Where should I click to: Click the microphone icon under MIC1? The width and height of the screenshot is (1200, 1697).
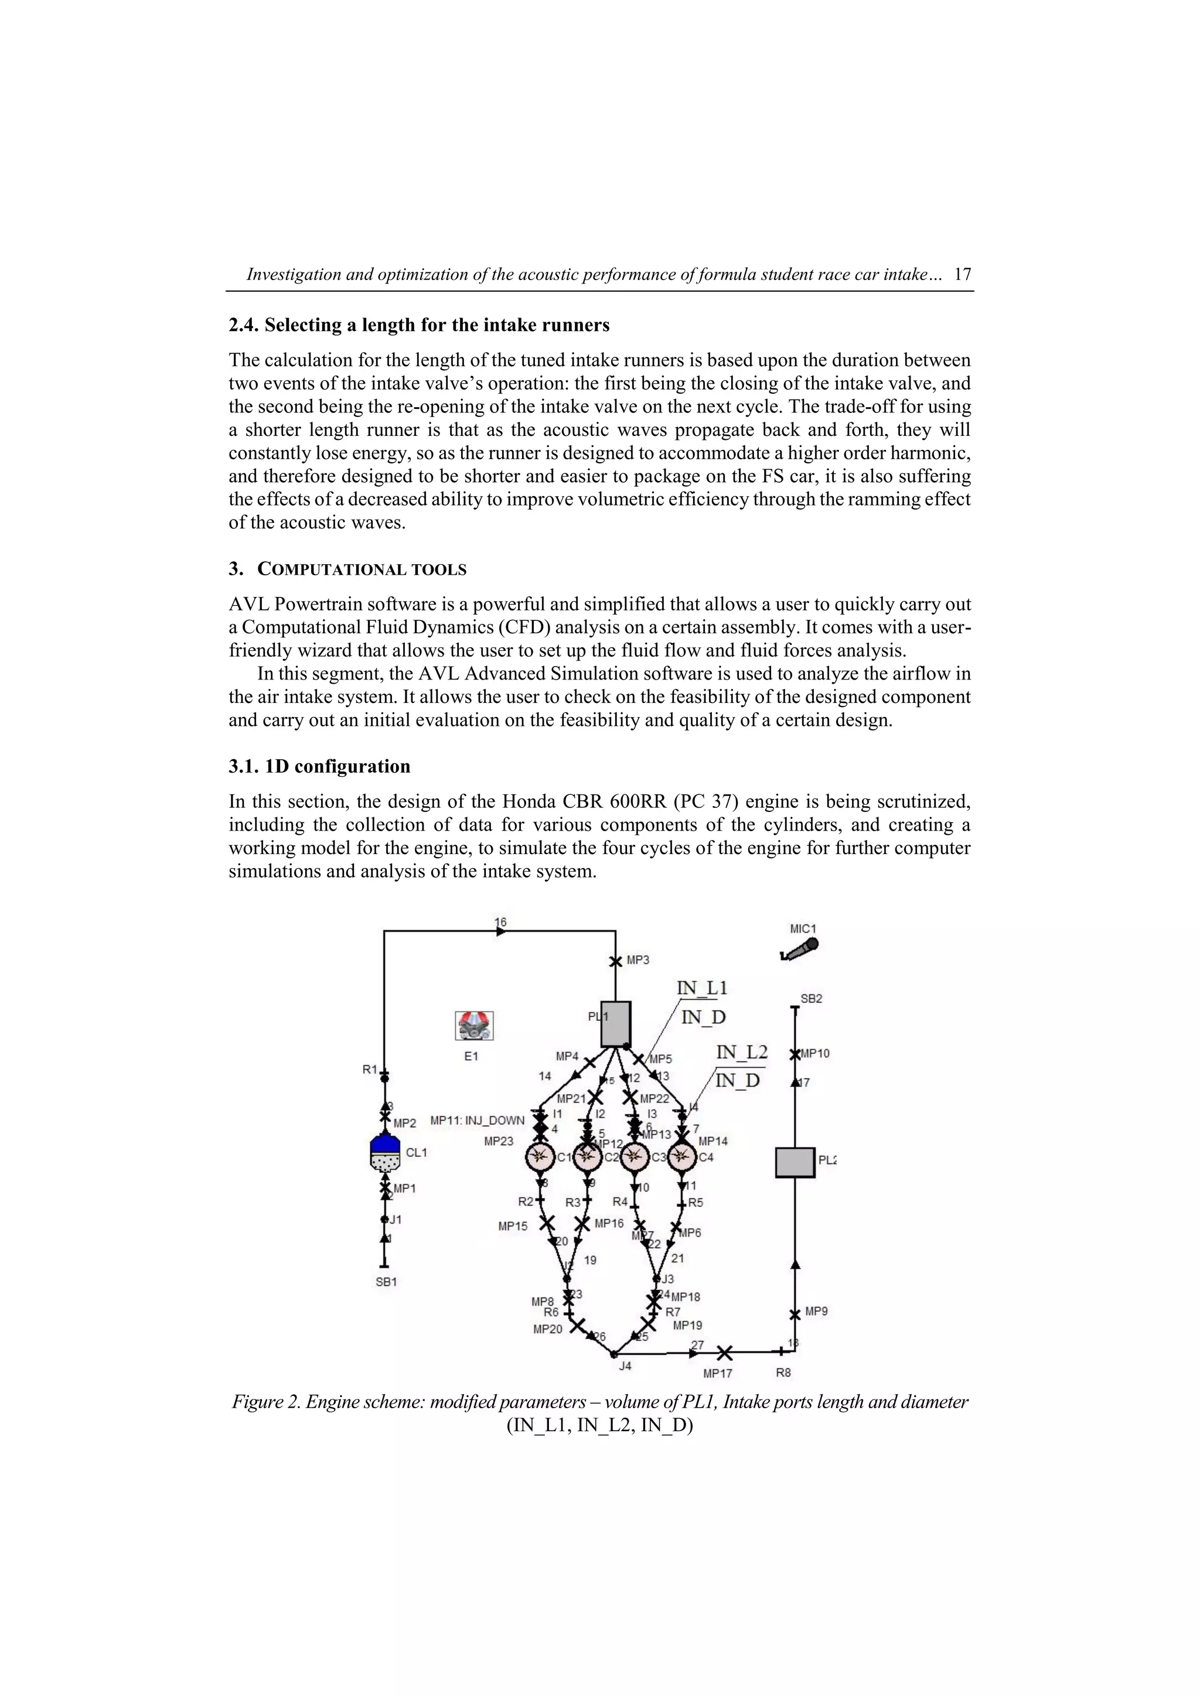799,950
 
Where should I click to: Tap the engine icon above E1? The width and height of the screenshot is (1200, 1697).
474,1026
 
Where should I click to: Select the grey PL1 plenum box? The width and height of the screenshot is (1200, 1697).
615,1024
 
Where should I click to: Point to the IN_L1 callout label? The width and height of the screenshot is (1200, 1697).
702,988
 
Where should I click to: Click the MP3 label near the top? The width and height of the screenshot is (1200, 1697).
638,960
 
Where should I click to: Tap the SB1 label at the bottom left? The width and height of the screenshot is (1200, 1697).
386,1282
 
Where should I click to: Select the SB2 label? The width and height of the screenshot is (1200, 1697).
811,999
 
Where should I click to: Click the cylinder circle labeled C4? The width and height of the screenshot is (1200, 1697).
681,1157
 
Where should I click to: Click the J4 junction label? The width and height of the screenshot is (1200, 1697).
625,1367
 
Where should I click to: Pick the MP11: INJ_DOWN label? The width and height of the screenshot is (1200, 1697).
477,1121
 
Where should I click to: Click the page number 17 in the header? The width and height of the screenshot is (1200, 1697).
962,274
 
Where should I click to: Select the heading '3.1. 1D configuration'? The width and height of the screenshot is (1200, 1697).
319,766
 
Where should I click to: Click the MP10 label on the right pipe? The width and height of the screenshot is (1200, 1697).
815,1053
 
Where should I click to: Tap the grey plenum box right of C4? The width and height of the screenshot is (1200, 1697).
795,1163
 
